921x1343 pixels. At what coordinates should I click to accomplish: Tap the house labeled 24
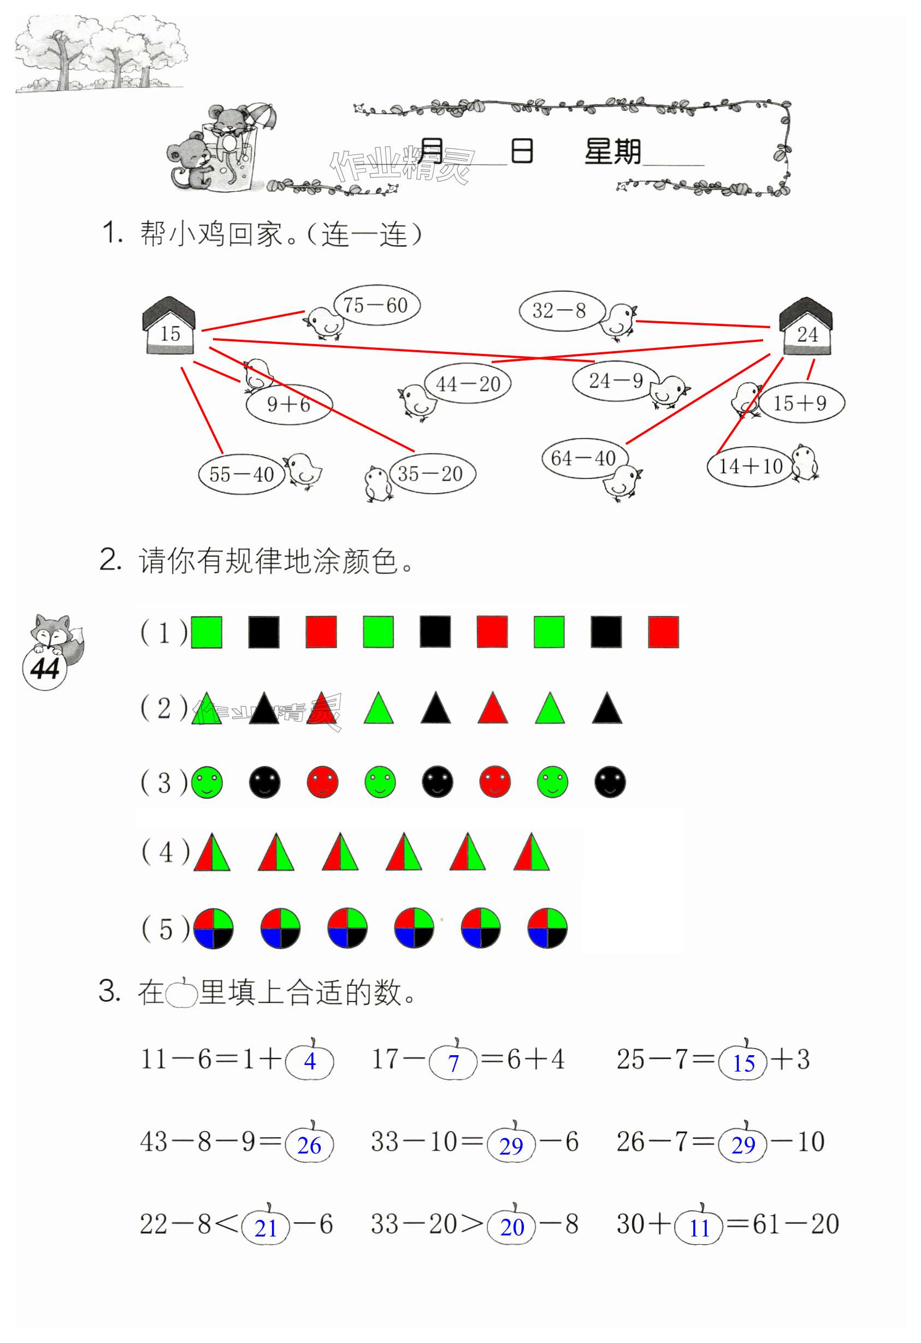pos(806,327)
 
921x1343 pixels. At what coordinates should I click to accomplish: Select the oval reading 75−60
pos(376,305)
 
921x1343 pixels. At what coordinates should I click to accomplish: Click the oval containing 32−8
pos(560,311)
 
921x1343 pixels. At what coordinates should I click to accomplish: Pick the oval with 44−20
pos(468,384)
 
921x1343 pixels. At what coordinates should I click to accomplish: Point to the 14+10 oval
pos(750,466)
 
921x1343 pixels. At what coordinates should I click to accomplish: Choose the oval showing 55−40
pos(241,475)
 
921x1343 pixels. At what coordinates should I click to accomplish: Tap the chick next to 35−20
pos(377,483)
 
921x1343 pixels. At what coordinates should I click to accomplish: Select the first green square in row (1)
pos(206,632)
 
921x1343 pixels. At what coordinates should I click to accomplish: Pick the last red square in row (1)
pos(663,632)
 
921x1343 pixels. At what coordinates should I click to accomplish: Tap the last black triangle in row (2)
pos(607,709)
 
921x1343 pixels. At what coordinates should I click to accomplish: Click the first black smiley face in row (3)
pos(265,783)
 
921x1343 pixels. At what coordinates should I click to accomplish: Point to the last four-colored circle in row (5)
pos(547,928)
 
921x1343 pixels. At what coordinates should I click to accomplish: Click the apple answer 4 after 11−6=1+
pos(310,1062)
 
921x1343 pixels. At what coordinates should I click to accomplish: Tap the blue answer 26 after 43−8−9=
pos(309,1145)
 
